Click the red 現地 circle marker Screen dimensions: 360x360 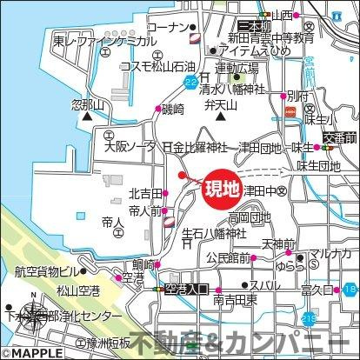(x=222, y=189)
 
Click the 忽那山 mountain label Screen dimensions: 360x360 (x=86, y=103)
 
